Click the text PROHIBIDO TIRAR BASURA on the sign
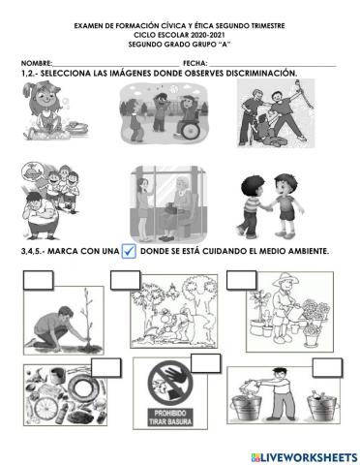click(x=178, y=429)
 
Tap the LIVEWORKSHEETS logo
click(x=302, y=456)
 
